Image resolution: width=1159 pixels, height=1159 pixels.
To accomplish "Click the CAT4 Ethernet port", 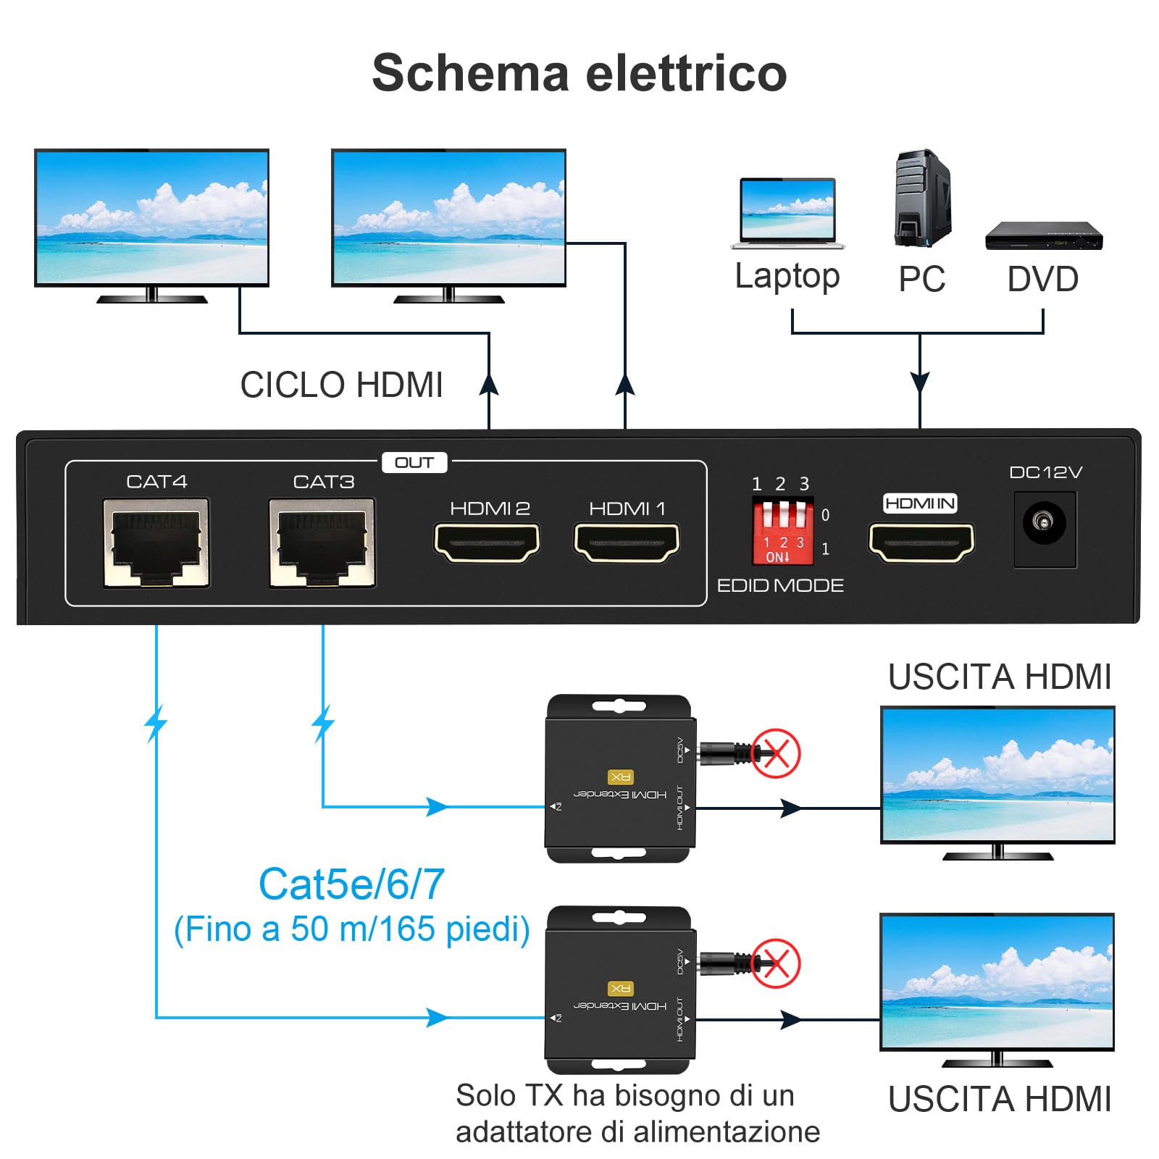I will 156,542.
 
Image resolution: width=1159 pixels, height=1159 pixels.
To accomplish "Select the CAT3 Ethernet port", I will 322,542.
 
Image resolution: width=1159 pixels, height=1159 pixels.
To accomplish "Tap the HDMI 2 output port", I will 487,543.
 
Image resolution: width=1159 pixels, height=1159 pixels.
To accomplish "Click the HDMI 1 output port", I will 627,543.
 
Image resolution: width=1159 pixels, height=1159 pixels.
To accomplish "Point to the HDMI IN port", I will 921,543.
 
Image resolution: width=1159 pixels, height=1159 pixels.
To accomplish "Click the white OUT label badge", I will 414,463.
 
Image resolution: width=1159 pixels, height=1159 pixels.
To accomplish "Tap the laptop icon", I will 787,213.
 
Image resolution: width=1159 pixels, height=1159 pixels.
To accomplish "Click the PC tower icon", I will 922,198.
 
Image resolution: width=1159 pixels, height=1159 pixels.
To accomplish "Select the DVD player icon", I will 1043,235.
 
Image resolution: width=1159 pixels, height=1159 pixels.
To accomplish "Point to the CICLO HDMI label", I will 341,385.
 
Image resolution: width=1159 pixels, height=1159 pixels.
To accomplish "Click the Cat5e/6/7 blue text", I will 351,884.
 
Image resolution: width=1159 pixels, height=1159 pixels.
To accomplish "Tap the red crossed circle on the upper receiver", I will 776,753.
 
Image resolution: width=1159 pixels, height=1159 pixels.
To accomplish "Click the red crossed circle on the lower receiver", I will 776,963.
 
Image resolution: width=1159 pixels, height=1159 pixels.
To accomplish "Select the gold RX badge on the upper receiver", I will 621,777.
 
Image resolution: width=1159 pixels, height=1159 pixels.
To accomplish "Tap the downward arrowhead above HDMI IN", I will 920,382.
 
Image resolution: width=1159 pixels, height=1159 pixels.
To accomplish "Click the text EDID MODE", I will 780,585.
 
